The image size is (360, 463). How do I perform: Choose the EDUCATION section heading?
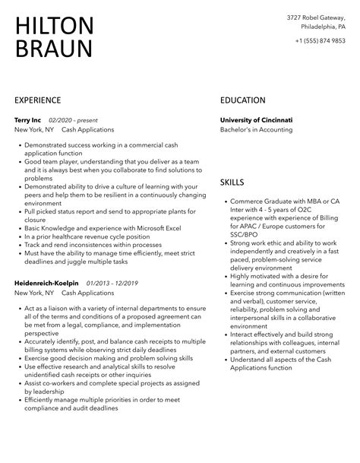(x=242, y=100)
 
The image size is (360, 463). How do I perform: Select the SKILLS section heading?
(x=232, y=182)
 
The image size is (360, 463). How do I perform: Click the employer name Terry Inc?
(x=28, y=120)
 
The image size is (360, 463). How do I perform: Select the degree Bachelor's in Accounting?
(x=258, y=130)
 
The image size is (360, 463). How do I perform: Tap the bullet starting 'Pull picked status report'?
(x=106, y=214)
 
